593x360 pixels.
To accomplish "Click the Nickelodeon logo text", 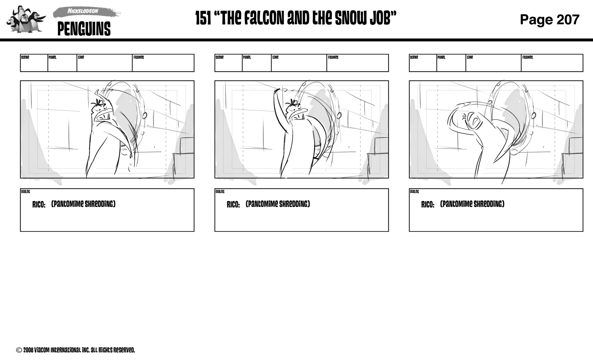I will point(83,11).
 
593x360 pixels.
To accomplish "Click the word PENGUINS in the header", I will point(84,29).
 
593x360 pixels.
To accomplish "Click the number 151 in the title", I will point(203,18).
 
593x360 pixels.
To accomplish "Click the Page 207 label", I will point(549,19).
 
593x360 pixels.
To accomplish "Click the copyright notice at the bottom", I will point(76,350).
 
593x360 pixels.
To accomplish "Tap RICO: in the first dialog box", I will point(39,205).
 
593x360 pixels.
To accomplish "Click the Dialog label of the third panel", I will point(414,192).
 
